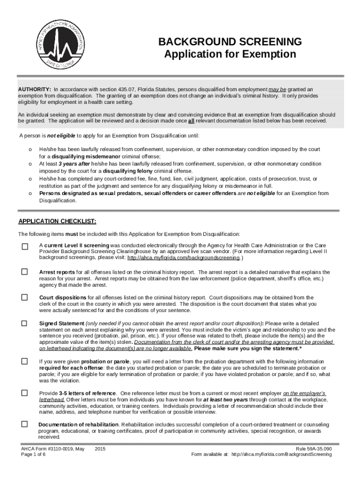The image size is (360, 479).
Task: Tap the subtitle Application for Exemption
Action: (230, 54)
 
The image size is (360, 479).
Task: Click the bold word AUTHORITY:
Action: (35, 89)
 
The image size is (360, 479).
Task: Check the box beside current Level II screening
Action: (24, 247)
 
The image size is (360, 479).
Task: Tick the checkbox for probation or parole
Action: (24, 362)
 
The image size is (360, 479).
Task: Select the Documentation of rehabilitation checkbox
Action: (24, 424)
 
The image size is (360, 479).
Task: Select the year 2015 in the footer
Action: (100, 449)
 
